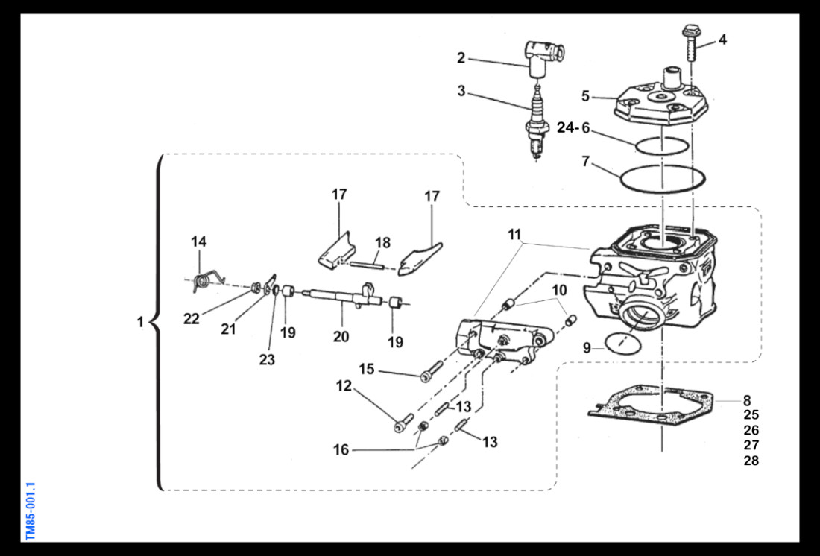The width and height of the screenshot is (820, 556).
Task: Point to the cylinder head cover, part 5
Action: pos(657,104)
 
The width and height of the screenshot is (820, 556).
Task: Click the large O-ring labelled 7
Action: pos(661,178)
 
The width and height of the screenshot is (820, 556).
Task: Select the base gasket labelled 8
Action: pos(656,406)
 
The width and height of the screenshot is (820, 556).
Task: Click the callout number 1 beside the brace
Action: pos(139,323)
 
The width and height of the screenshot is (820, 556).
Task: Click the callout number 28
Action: pos(751,461)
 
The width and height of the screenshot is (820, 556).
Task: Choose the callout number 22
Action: pos(192,319)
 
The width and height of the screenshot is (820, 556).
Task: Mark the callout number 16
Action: pos(341,449)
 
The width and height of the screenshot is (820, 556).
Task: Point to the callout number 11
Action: pos(514,235)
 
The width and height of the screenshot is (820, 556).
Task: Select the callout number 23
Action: pos(267,360)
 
